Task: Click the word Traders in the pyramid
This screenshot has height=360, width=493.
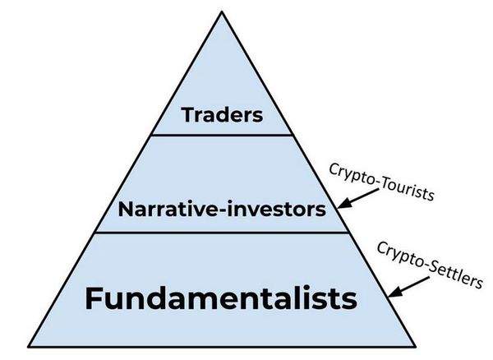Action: tap(222, 115)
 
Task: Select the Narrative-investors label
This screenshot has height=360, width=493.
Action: tap(222, 209)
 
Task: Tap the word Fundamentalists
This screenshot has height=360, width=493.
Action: tap(221, 298)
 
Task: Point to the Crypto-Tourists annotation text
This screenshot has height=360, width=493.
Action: tap(382, 182)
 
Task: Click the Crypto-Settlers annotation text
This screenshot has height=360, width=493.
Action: tap(430, 265)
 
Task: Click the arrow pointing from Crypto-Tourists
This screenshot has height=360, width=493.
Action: tap(358, 199)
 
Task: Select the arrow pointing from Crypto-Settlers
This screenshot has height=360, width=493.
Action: tap(408, 287)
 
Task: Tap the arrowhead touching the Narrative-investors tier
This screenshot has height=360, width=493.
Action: tap(343, 204)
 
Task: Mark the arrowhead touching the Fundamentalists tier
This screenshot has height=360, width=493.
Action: tap(394, 292)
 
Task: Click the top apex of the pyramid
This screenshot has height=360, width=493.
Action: tap(222, 12)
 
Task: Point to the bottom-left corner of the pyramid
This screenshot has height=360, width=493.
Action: tap(28, 347)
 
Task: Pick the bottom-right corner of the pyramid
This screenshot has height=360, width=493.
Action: tap(415, 347)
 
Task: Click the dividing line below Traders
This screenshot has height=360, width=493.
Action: tap(222, 135)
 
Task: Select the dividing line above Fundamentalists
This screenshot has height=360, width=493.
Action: tap(222, 233)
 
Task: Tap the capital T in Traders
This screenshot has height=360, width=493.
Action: tap(188, 115)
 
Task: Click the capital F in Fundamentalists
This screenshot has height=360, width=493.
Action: tap(93, 298)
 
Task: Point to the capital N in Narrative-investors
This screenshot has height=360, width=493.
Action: tap(126, 209)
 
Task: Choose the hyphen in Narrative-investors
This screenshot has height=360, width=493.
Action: tap(222, 211)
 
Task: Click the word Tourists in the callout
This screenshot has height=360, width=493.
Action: tap(408, 190)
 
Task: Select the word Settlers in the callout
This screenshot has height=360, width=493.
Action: tap(455, 276)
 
